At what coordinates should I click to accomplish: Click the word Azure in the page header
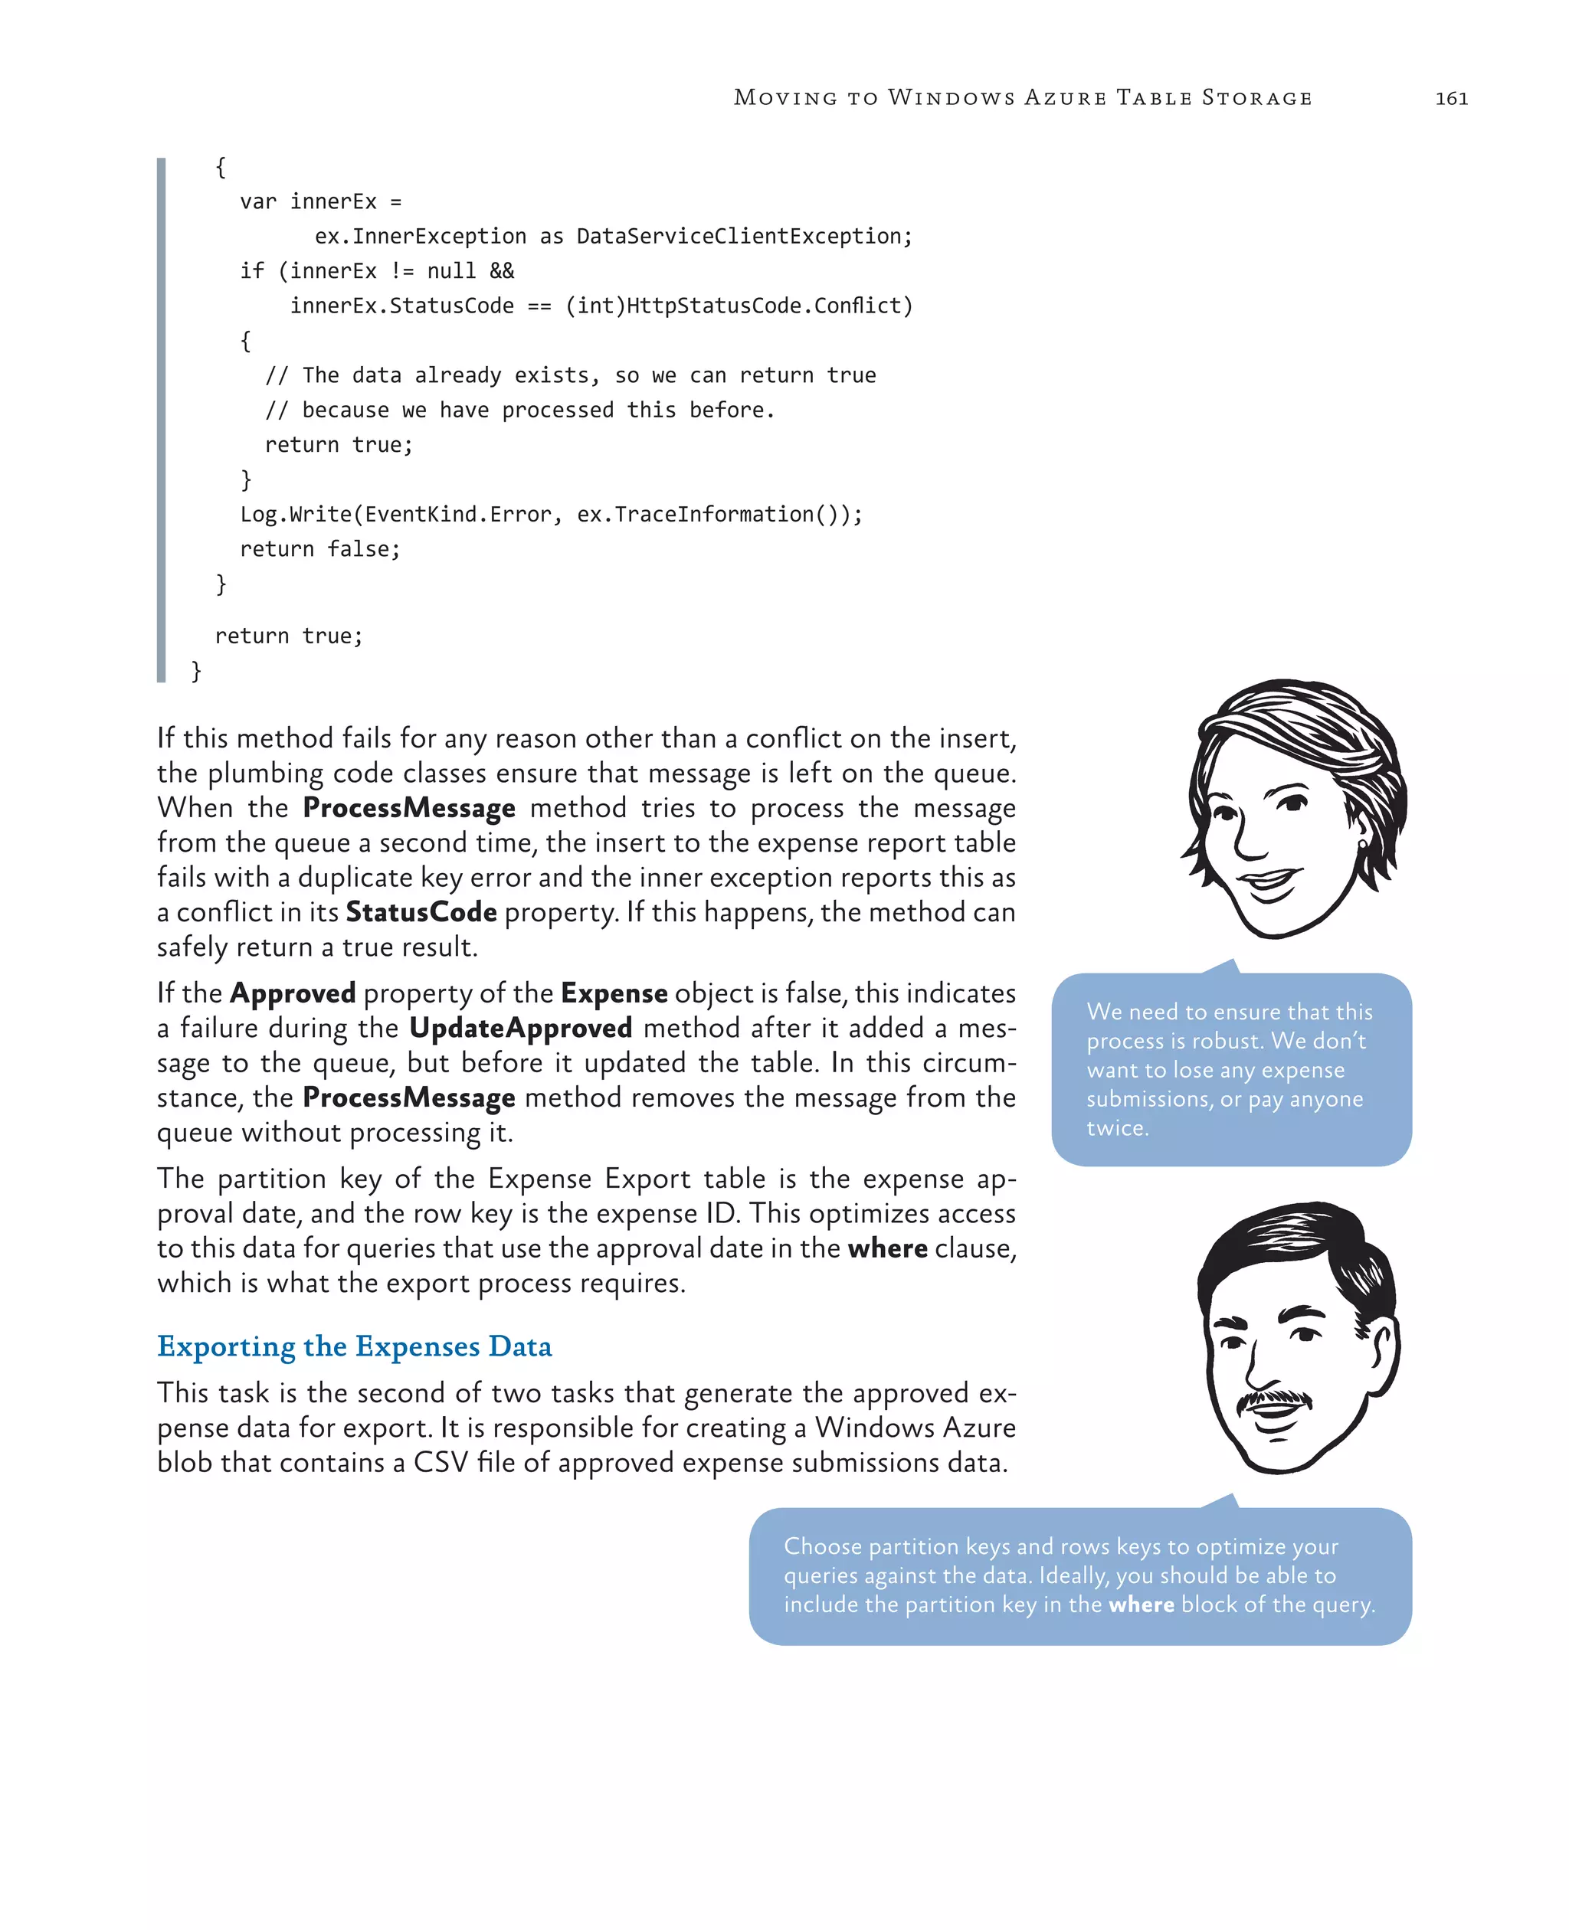(x=1065, y=97)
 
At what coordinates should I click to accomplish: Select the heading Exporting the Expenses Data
(x=354, y=1346)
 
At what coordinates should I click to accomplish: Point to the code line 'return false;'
(x=320, y=549)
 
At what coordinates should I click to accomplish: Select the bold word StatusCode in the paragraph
(x=421, y=913)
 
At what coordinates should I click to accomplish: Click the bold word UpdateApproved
(x=521, y=1029)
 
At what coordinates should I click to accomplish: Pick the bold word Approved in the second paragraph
(x=293, y=994)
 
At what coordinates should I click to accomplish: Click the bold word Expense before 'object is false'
(x=614, y=994)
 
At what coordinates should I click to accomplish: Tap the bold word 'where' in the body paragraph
(x=887, y=1248)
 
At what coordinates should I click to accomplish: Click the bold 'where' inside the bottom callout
(x=1141, y=1605)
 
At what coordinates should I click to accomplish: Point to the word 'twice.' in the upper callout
(x=1117, y=1129)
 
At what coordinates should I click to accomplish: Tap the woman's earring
(x=1362, y=844)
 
